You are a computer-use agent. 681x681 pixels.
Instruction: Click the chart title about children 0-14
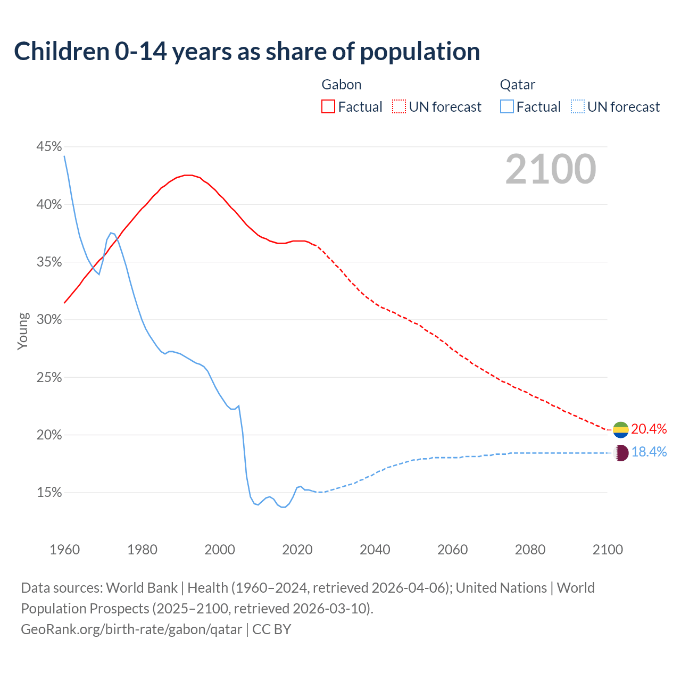point(247,52)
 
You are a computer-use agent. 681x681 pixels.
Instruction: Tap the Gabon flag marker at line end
point(620,429)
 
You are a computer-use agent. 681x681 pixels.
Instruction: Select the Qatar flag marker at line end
point(620,453)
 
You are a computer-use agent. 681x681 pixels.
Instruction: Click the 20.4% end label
point(649,429)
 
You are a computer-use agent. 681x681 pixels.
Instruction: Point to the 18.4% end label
point(649,452)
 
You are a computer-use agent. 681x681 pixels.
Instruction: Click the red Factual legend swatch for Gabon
point(328,107)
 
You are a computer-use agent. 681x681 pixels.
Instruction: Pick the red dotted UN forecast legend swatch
point(399,107)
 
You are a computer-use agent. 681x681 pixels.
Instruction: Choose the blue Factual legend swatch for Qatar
point(507,107)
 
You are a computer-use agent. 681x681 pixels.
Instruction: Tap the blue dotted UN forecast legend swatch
point(577,107)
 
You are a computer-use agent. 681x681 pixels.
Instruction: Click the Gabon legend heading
point(342,85)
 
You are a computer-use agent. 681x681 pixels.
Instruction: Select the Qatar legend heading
point(517,85)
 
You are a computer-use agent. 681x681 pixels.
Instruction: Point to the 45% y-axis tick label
point(49,147)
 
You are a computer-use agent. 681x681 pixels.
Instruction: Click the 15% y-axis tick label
point(49,493)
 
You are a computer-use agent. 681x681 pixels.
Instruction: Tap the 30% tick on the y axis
point(49,320)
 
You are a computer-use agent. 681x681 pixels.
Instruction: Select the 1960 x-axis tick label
point(64,550)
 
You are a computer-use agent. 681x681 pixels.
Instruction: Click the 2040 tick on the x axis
point(375,550)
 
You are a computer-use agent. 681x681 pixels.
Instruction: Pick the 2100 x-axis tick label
point(607,550)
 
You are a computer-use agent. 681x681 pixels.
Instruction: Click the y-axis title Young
point(23,331)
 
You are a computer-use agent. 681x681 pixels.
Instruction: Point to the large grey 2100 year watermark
point(550,169)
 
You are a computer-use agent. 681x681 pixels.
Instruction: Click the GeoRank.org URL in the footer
point(131,629)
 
